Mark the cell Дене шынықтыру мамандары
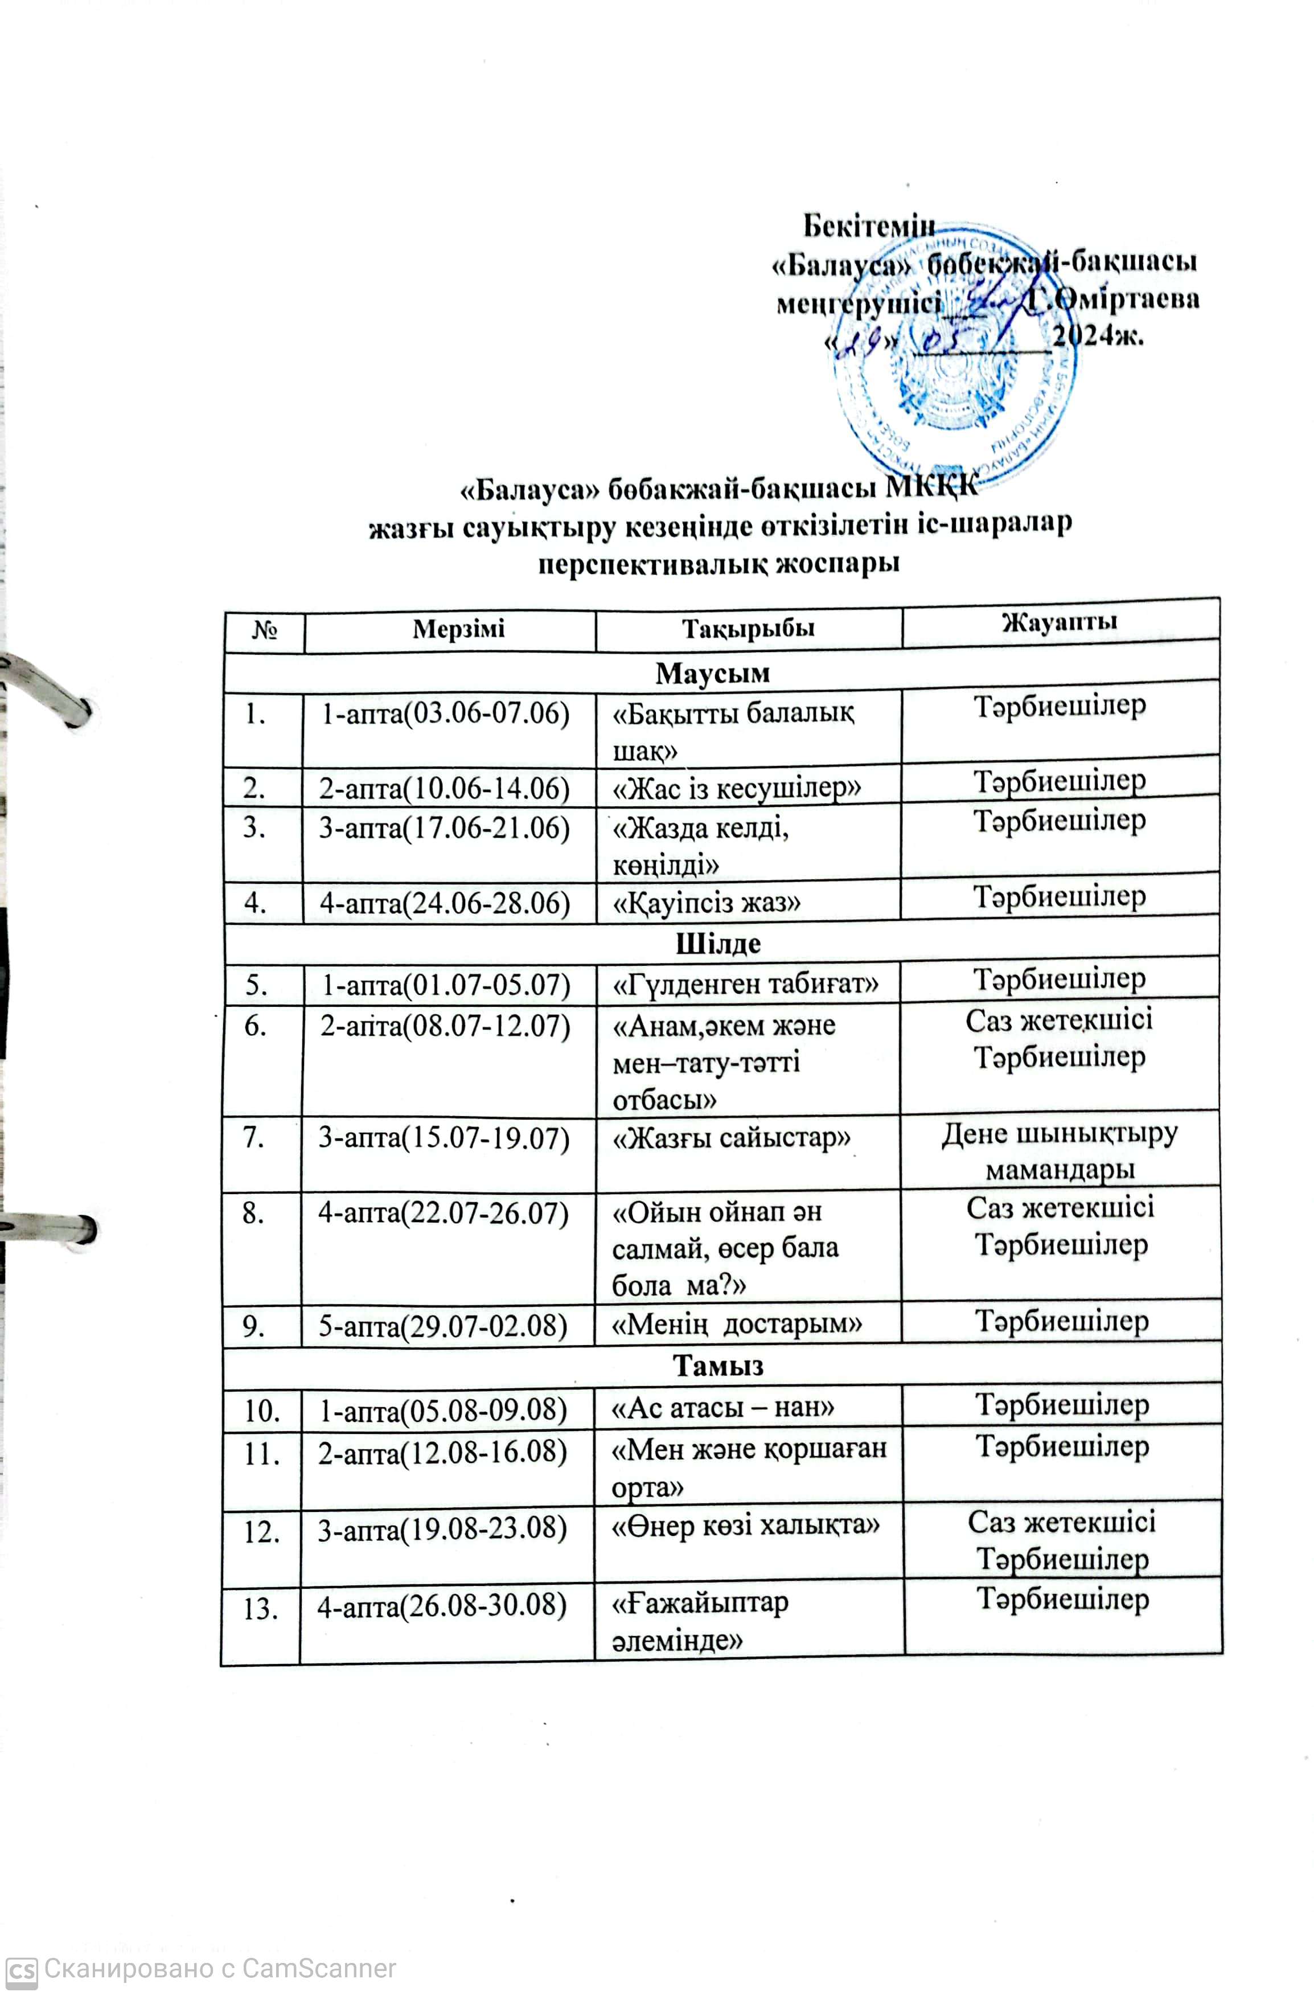coord(1060,1151)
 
